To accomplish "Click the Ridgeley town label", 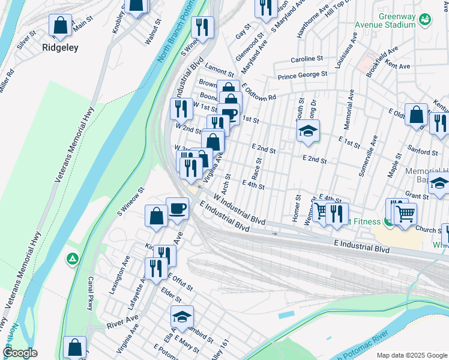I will coord(60,47).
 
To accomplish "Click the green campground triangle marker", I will coord(73,259).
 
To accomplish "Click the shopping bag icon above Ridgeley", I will coord(60,25).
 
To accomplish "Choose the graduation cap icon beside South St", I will coord(308,131).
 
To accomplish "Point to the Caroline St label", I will coord(307,59).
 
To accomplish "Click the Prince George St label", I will coord(302,75).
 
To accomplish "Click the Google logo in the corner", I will coord(20,353).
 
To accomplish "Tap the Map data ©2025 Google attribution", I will coord(411,355).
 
